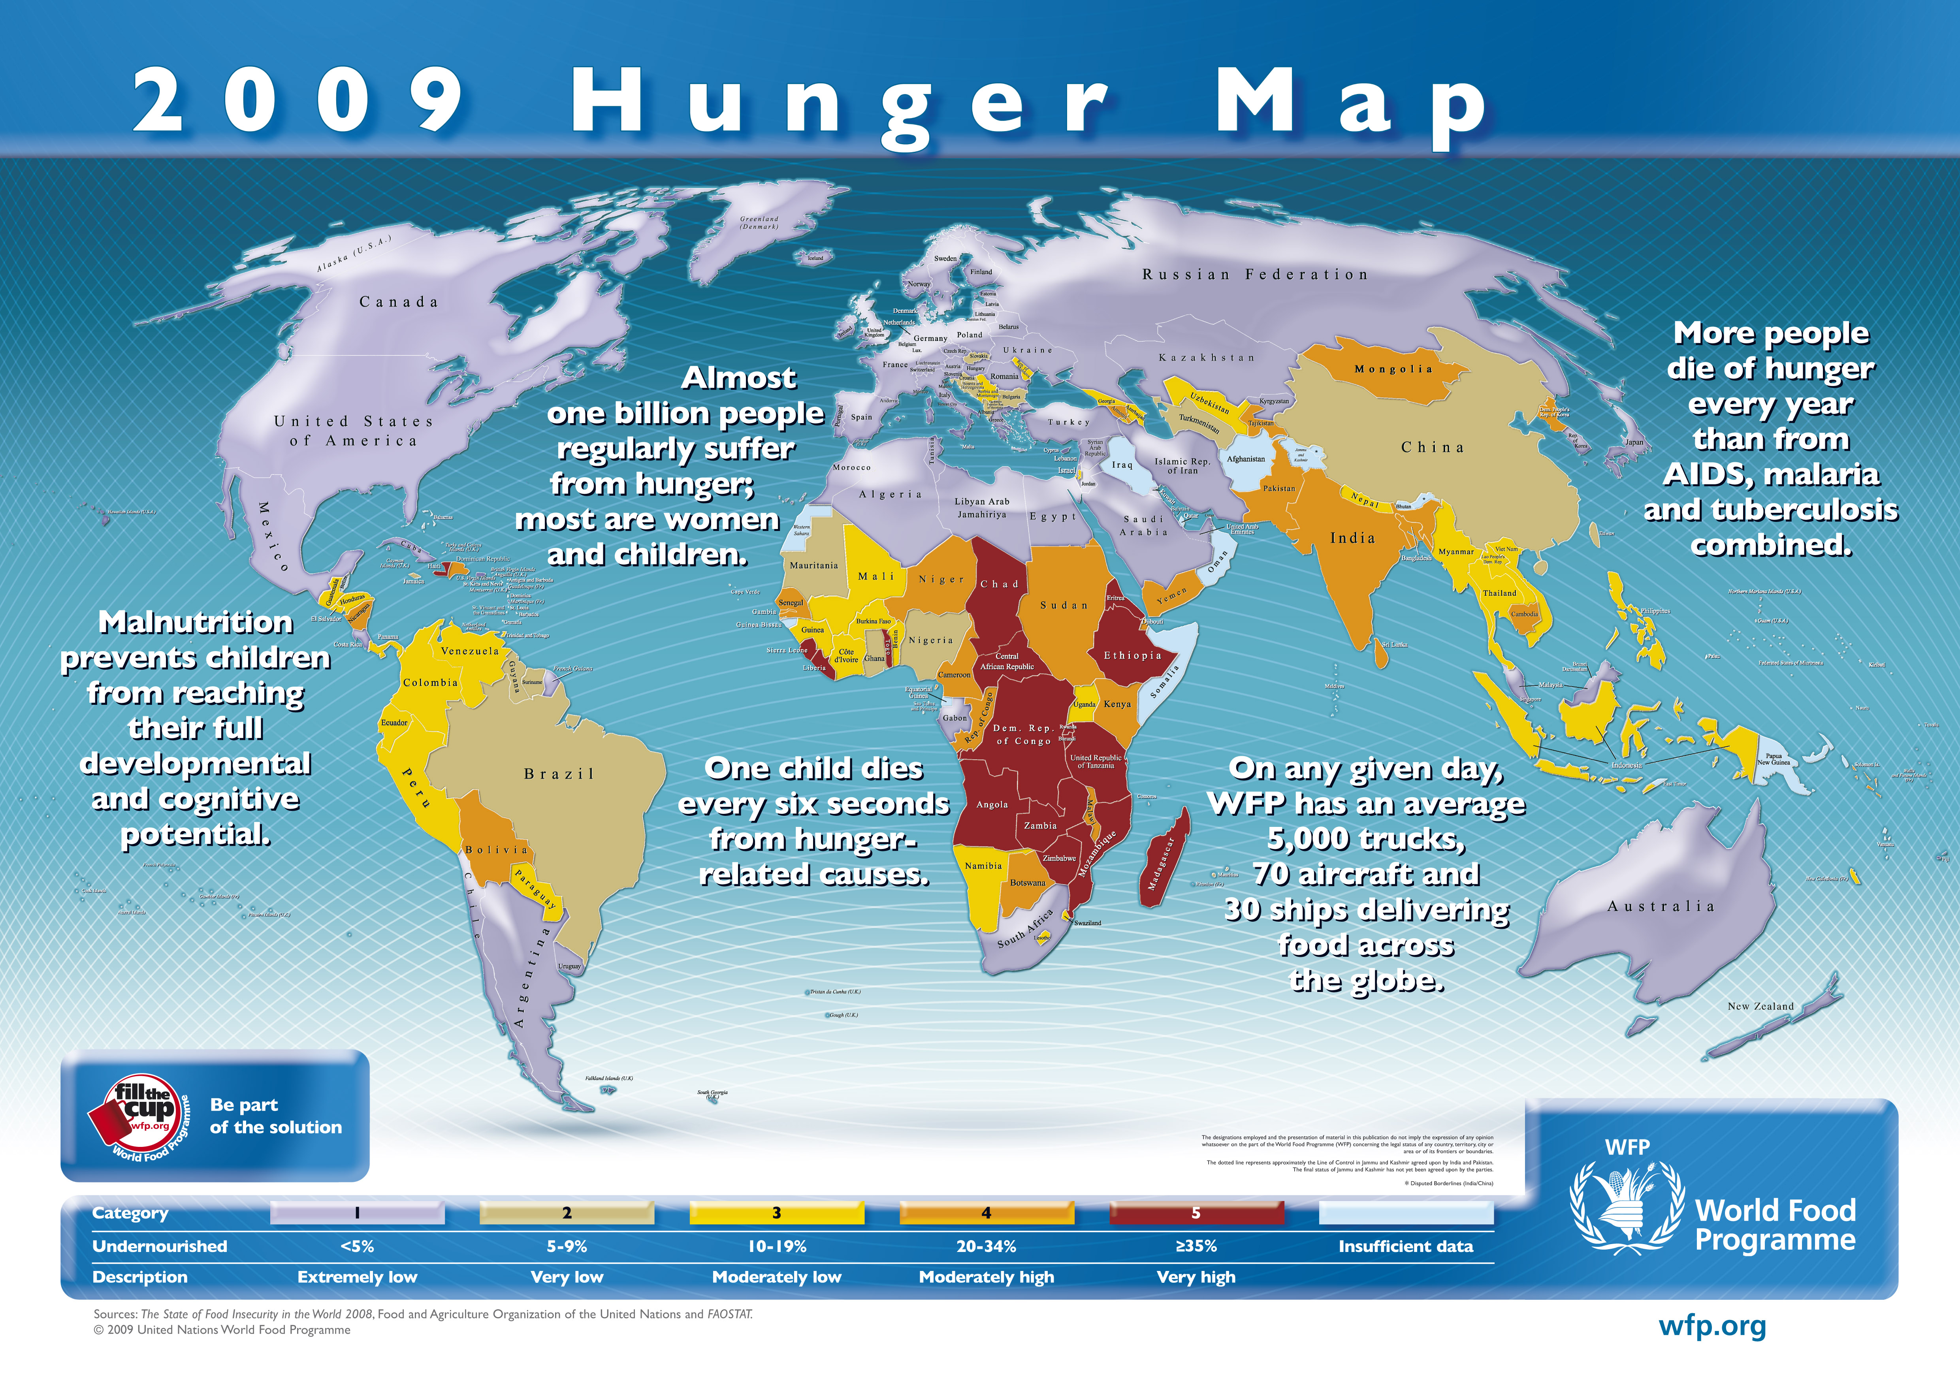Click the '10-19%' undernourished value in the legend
coord(777,1246)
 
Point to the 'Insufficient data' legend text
coord(1405,1246)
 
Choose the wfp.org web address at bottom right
coord(1711,1327)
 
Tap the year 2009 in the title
coord(299,102)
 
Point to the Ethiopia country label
coord(1132,656)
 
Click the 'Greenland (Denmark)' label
coord(759,223)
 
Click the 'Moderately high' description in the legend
coord(986,1277)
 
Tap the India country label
coord(1352,538)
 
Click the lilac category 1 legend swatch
coord(357,1212)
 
